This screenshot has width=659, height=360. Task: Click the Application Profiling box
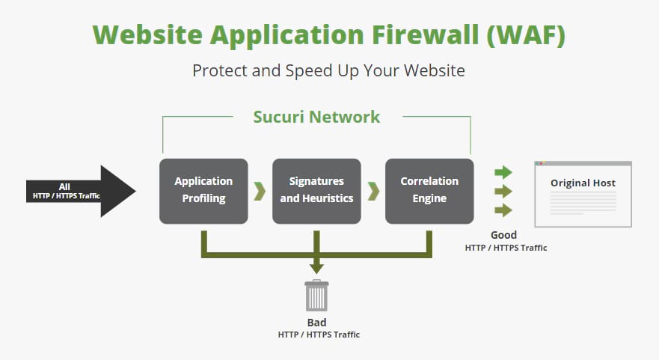[203, 191]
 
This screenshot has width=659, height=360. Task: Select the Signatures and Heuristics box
[316, 191]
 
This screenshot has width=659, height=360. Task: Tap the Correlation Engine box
[429, 191]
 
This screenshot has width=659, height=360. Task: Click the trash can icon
[316, 296]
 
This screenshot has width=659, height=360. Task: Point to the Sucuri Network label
[316, 117]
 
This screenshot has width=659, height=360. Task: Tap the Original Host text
[583, 183]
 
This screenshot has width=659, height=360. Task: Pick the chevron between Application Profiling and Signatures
[260, 191]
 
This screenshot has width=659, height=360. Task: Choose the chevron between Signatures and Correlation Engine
[373, 191]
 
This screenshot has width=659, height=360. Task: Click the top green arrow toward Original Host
[503, 172]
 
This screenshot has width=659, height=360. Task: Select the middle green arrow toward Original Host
[503, 191]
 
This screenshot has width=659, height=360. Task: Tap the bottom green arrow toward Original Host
[503, 210]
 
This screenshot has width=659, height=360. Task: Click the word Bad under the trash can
[316, 323]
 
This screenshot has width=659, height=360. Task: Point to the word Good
[503, 235]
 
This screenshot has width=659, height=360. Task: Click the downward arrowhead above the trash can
[316, 266]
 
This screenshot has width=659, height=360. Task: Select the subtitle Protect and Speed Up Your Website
[328, 71]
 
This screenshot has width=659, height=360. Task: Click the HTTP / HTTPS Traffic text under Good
[506, 247]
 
